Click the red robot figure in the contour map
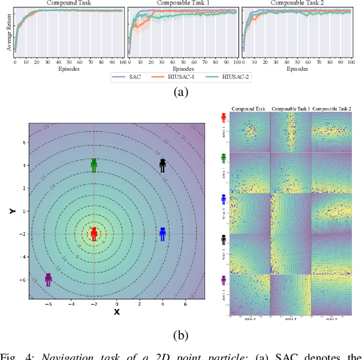(94, 233)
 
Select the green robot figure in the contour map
(94, 165)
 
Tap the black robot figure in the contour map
(162, 165)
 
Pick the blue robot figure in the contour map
(162, 234)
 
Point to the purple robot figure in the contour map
(48, 280)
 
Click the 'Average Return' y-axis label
(8, 33)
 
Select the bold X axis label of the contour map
(117, 311)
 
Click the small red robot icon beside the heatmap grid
(223, 118)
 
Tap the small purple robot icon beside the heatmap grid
(223, 280)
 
